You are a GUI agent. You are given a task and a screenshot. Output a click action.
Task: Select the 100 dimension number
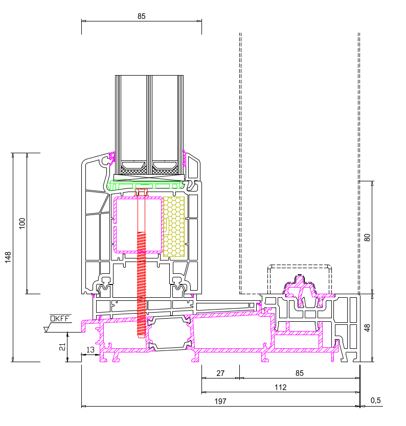click(21, 223)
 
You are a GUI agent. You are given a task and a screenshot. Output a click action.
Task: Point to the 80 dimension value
click(367, 237)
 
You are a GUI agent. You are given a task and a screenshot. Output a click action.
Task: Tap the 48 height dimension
click(367, 327)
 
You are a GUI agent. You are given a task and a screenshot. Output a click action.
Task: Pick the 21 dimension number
click(62, 347)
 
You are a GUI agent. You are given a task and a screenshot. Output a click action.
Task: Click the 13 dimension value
click(91, 349)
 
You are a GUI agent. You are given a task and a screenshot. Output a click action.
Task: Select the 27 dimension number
click(220, 373)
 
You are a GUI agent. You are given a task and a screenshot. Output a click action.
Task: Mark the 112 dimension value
click(280, 387)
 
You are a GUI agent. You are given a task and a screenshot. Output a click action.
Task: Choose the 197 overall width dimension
click(220, 401)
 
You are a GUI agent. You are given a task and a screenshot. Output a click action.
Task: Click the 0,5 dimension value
click(375, 400)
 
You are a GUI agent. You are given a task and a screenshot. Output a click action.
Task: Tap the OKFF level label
click(60, 318)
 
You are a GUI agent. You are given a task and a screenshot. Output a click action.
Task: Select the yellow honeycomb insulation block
click(174, 226)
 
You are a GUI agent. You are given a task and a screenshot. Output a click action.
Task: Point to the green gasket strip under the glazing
click(148, 185)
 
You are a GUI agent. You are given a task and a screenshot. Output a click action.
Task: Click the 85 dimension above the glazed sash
click(142, 16)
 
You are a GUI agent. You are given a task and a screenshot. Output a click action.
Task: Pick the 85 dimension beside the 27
click(299, 373)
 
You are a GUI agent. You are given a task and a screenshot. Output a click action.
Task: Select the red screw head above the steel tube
click(141, 193)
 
